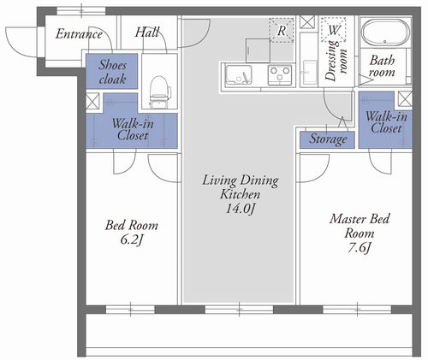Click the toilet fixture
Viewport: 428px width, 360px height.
[159, 91]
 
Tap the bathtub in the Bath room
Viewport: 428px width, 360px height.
[385, 32]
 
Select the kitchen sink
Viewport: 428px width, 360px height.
[239, 75]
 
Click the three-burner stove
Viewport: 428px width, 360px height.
[280, 75]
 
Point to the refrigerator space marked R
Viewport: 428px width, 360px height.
[282, 30]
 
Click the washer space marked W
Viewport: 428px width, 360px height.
[333, 30]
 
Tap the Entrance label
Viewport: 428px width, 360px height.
[79, 34]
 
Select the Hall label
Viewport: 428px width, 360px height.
[147, 32]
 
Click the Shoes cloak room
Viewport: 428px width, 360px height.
[112, 71]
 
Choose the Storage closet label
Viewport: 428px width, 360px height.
[328, 139]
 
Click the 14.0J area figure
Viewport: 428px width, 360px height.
[240, 209]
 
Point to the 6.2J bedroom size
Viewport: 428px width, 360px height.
[131, 240]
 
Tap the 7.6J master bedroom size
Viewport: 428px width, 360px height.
[359, 248]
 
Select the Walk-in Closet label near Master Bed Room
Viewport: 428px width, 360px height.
[386, 122]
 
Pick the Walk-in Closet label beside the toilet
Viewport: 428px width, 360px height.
[133, 130]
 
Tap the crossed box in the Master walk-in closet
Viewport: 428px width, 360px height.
[405, 99]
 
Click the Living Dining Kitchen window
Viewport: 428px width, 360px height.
[239, 310]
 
